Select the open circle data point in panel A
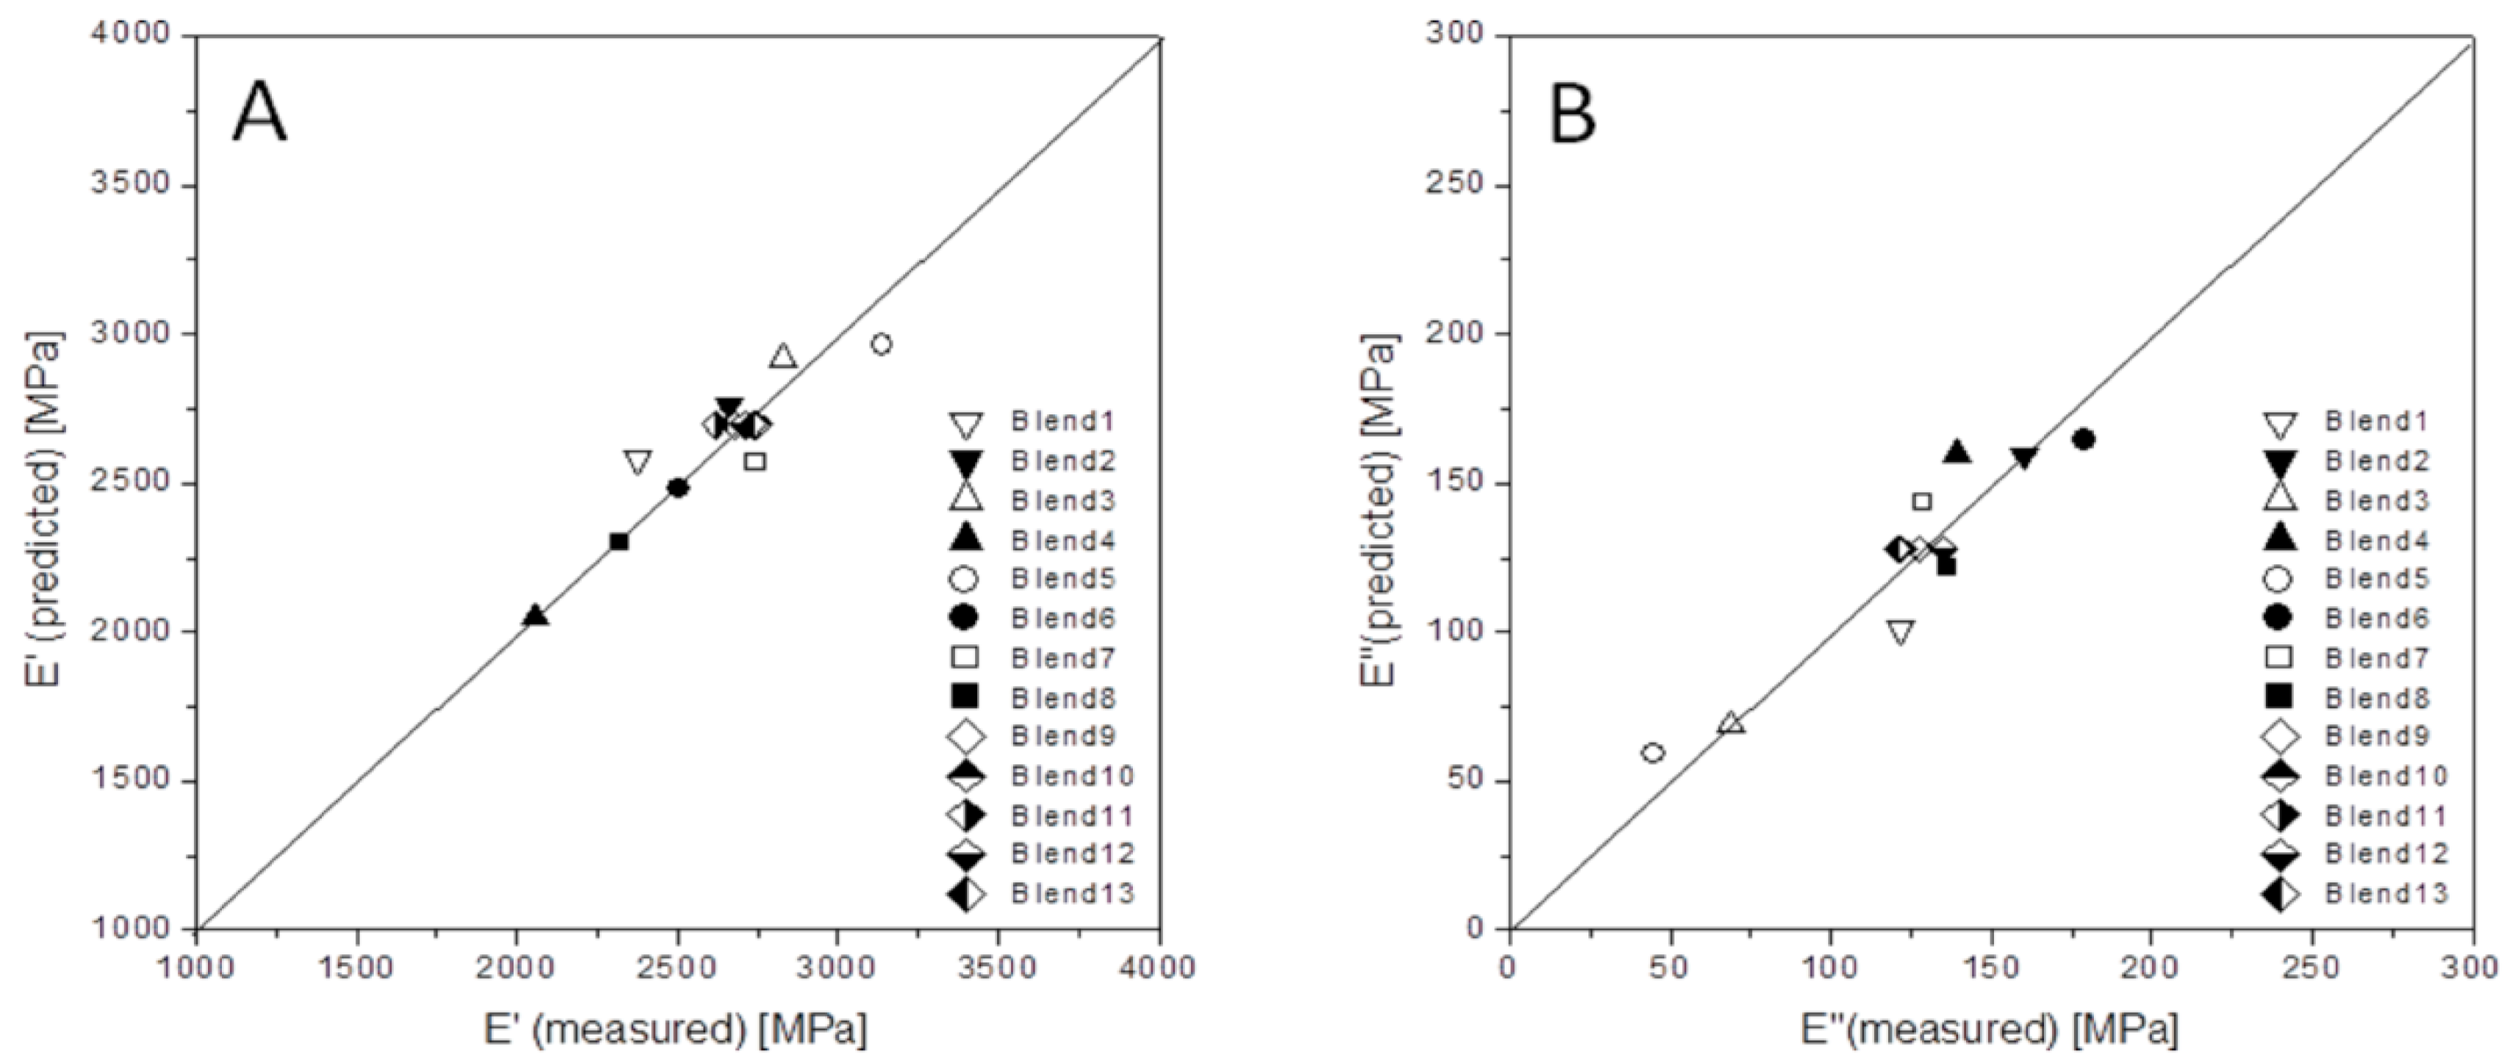click(882, 345)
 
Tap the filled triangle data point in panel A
click(534, 615)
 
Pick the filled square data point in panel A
click(618, 542)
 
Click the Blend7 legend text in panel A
click(1063, 658)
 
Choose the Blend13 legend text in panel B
click(2386, 893)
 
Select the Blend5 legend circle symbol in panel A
click(966, 579)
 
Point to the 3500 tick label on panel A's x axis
click(998, 968)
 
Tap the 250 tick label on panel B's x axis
click(2311, 968)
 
